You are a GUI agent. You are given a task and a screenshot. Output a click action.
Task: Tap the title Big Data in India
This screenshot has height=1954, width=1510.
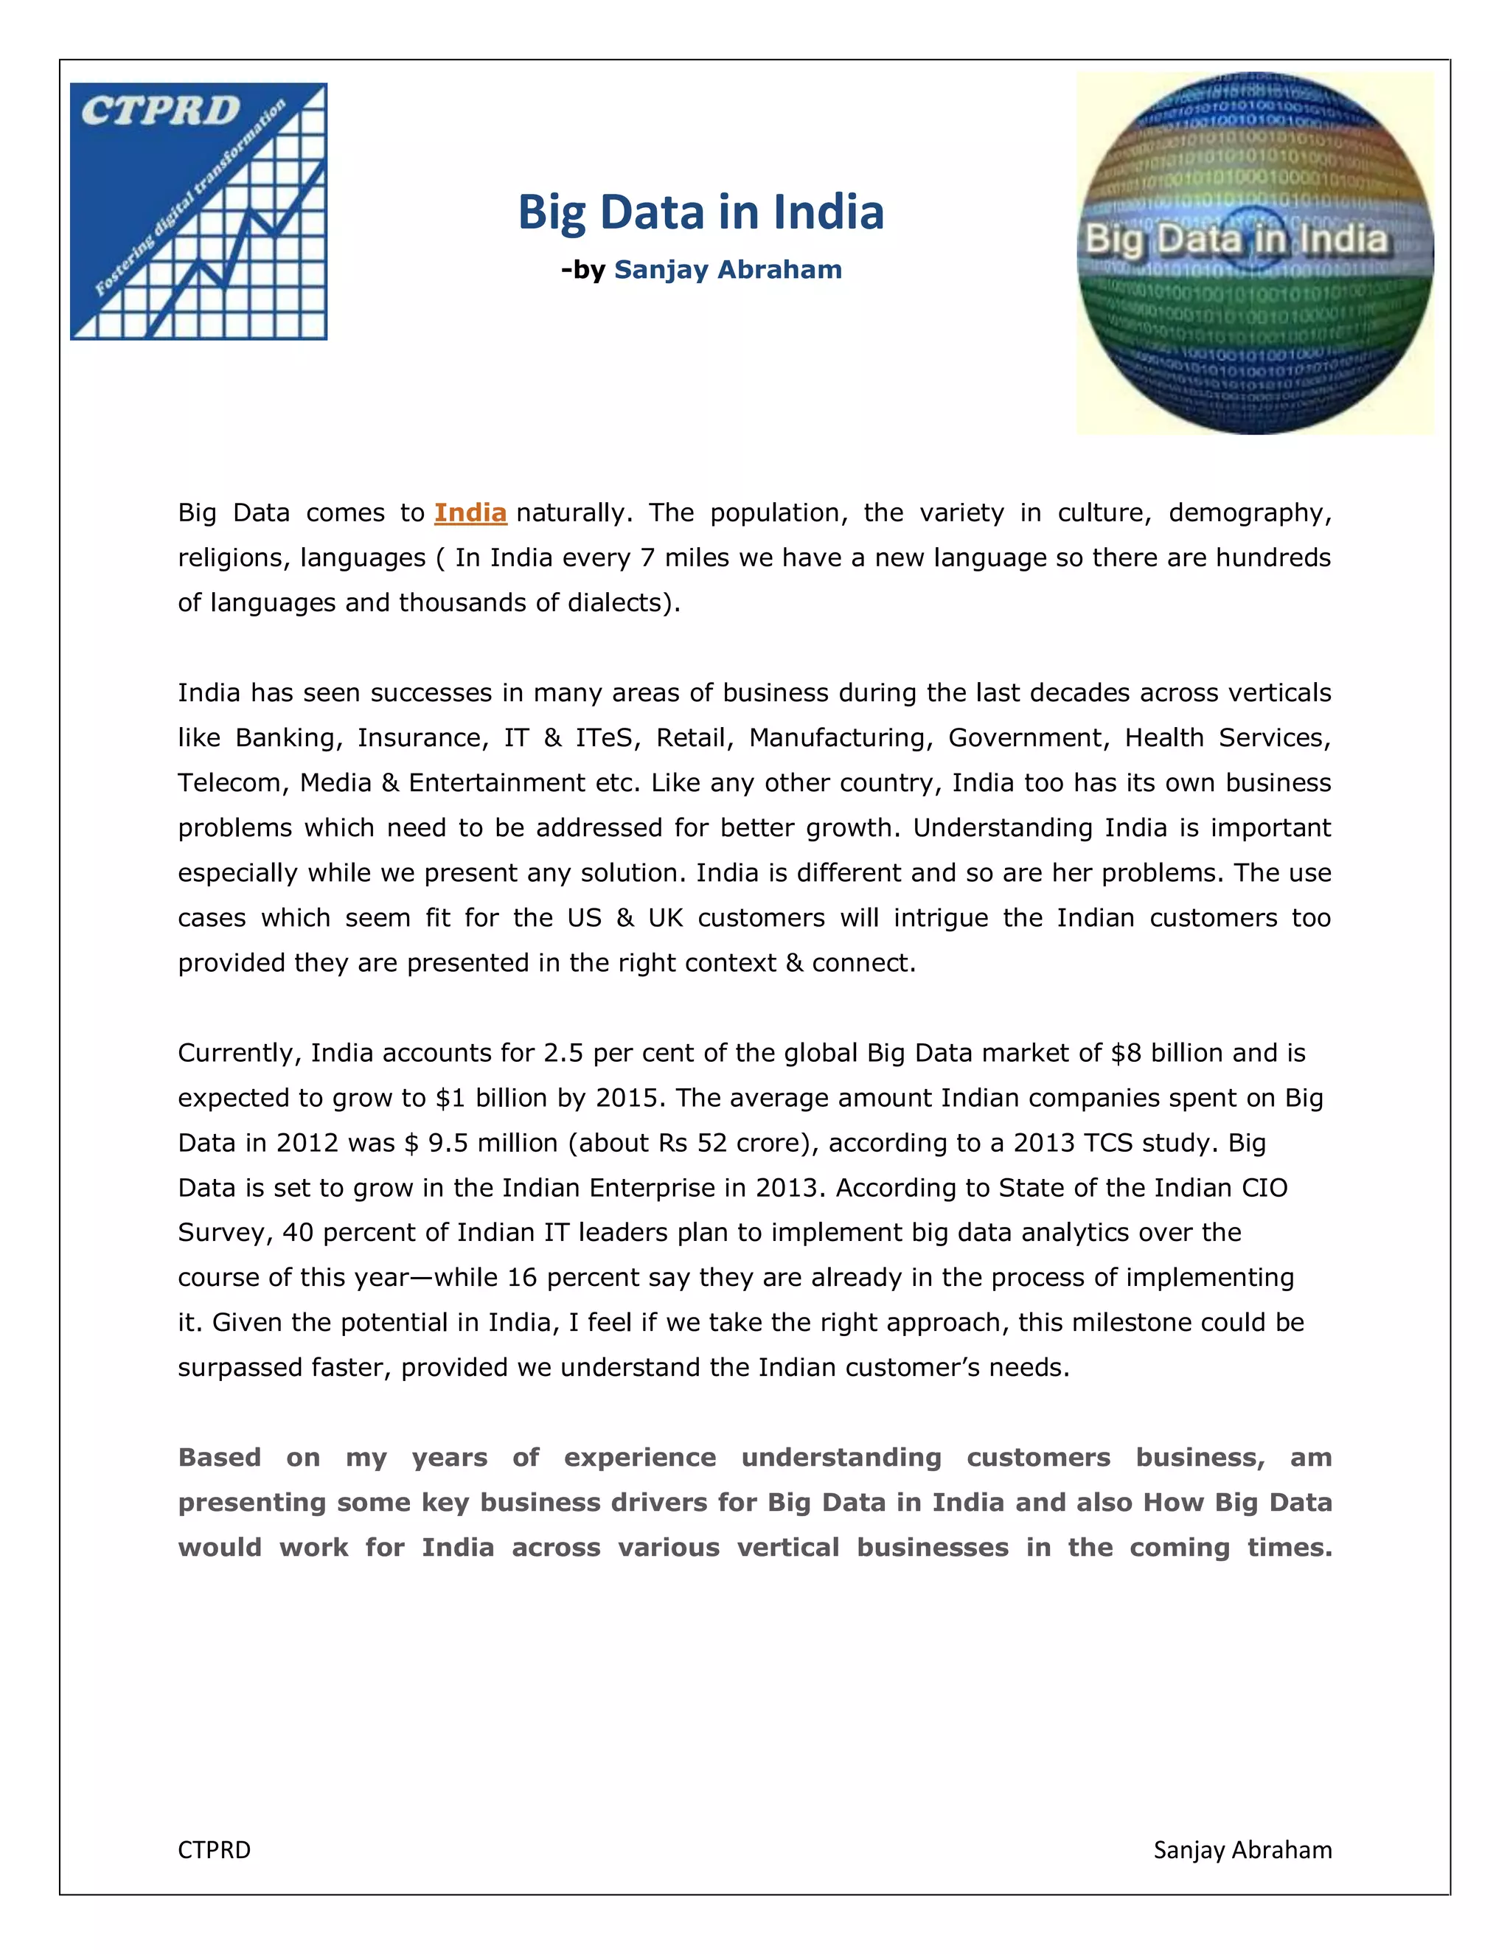click(x=700, y=213)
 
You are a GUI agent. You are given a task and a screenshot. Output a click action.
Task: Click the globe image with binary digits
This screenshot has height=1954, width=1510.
click(x=1254, y=253)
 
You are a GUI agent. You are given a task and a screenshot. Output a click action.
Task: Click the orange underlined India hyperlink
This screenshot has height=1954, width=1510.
click(x=470, y=512)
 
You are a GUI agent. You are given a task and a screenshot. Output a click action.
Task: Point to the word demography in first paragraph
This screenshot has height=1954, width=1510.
click(x=1249, y=512)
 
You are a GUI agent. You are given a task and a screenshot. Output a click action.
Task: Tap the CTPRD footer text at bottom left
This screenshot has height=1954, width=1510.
click(x=214, y=1849)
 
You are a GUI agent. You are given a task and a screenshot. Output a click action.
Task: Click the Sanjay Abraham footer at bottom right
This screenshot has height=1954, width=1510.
click(x=1242, y=1849)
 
